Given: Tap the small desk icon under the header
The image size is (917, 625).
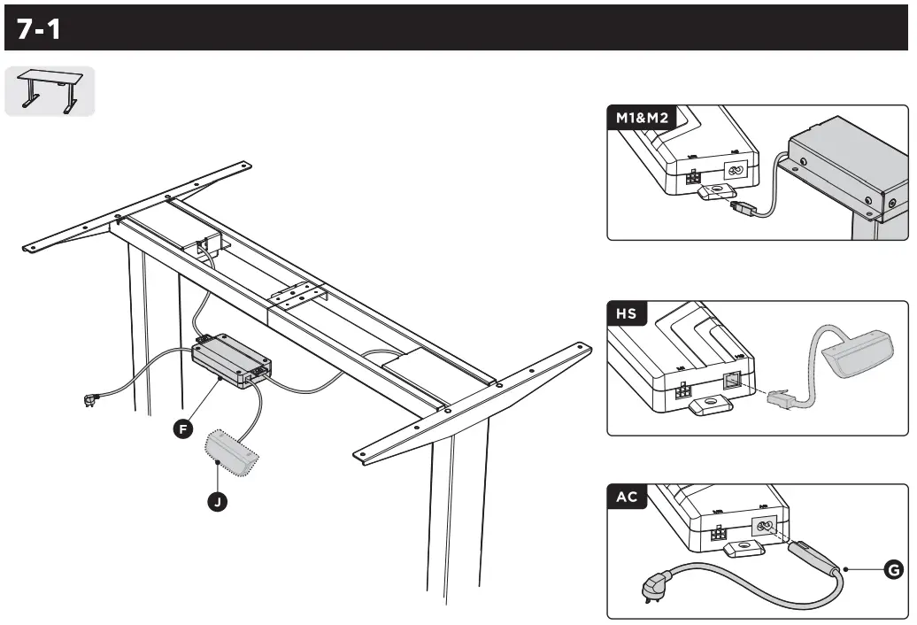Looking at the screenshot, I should (x=50, y=91).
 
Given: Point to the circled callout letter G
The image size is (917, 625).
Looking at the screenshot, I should (x=894, y=570).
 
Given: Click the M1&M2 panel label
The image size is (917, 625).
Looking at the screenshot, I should (x=643, y=118).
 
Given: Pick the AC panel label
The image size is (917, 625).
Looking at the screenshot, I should (x=628, y=497).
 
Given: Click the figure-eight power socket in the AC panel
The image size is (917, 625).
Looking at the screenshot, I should (x=763, y=527).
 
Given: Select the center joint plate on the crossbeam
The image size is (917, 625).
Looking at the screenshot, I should (x=296, y=294).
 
